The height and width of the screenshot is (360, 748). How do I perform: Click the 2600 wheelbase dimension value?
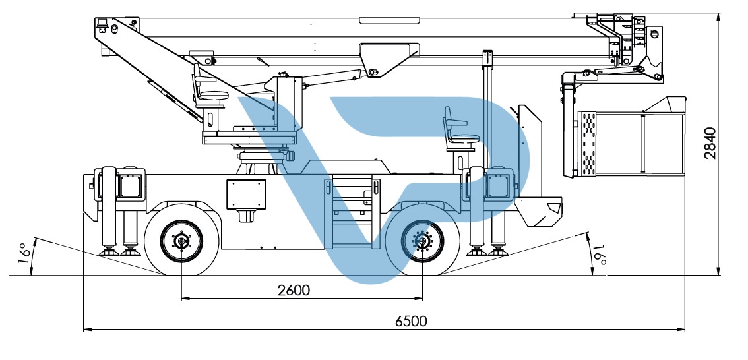tap(294, 290)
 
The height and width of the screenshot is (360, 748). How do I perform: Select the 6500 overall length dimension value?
tap(411, 321)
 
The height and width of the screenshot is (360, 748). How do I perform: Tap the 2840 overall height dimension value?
tap(710, 142)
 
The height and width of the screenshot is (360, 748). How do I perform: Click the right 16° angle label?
tap(599, 256)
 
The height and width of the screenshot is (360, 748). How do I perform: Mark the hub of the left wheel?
tap(181, 241)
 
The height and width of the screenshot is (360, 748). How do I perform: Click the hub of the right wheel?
tap(422, 241)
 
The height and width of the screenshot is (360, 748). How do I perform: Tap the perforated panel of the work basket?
tap(587, 144)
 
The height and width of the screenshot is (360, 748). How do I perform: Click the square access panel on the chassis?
tap(246, 194)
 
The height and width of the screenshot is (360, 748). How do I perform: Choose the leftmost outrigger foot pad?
tap(109, 251)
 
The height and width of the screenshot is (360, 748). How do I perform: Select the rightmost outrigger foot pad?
tap(498, 251)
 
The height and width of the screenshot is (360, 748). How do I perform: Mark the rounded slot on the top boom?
tap(390, 20)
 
